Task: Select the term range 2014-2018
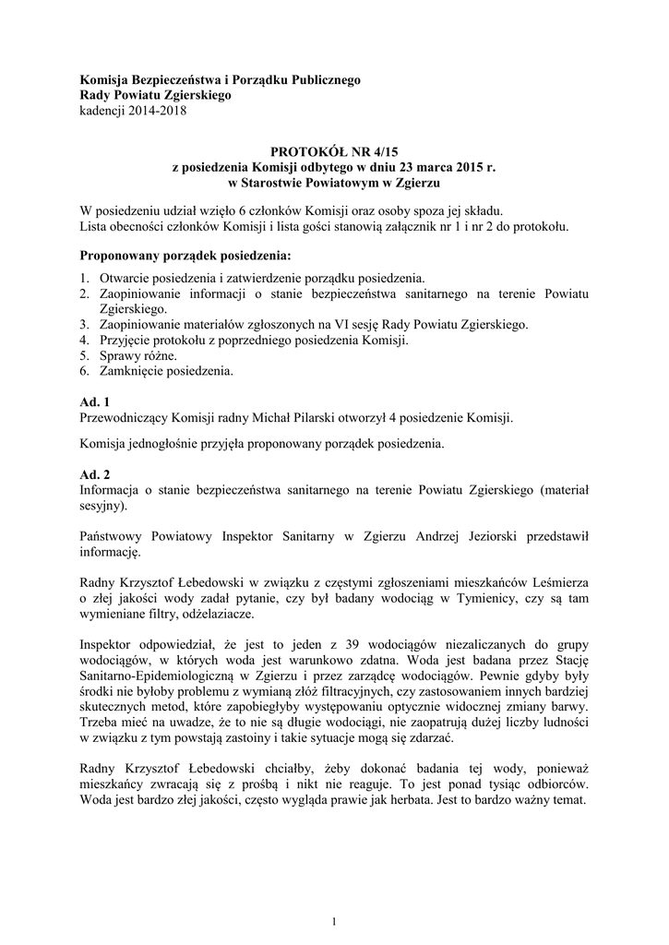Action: click(158, 112)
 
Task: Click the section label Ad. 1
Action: click(94, 402)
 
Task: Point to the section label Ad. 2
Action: click(94, 472)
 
